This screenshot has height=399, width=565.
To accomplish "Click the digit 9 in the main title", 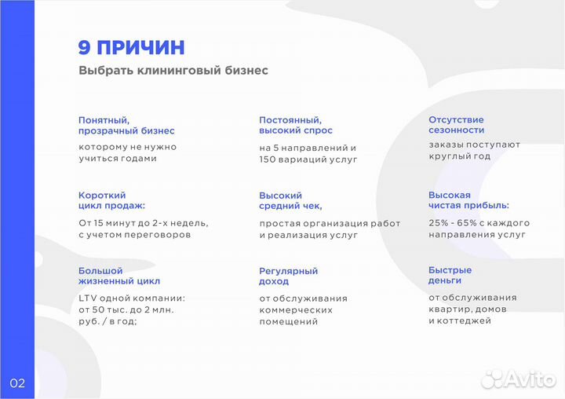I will [85, 47].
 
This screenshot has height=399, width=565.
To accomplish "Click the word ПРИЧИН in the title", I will [141, 47].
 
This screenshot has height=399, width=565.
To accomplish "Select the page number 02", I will [17, 383].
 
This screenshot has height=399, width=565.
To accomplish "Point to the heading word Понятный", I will [103, 119].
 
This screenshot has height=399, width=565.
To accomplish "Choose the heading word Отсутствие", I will [456, 119].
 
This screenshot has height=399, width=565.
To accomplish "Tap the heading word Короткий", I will [102, 195].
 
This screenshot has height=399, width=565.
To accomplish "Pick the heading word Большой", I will [100, 270].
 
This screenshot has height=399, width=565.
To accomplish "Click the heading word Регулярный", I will [288, 270].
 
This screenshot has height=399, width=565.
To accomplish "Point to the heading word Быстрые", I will [450, 270].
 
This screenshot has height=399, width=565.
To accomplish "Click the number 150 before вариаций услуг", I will [268, 159].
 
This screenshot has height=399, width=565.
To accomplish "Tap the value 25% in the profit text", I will [439, 223].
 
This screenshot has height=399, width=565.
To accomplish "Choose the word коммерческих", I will [295, 309].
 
